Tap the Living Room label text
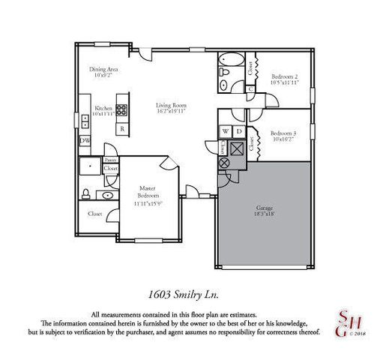click(x=172, y=108)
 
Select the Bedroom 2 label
click(x=285, y=79)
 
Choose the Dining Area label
click(x=103, y=72)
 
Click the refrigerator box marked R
click(x=122, y=129)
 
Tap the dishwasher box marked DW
click(x=85, y=140)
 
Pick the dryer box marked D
click(x=238, y=131)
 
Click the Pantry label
click(x=110, y=160)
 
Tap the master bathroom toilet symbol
click(x=86, y=194)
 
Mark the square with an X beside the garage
click(x=238, y=148)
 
